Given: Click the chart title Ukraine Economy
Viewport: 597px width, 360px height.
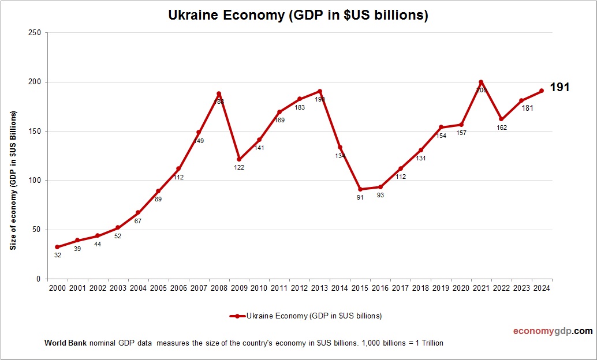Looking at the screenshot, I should (x=298, y=16).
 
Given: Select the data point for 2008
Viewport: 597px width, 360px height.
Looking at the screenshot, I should (x=219, y=93).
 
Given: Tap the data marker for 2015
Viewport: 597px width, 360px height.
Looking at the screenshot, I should (x=360, y=189).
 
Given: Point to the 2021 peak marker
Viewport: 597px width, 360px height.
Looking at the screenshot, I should (x=481, y=82).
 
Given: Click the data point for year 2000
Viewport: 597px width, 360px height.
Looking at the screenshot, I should (x=57, y=247).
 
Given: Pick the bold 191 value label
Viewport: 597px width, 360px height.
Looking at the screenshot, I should (x=559, y=88).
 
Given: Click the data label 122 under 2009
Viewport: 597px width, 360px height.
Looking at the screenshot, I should (x=239, y=167).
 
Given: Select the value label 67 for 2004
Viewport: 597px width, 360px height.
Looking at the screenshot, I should (x=138, y=221).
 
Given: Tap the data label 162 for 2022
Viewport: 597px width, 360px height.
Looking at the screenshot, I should (x=501, y=127).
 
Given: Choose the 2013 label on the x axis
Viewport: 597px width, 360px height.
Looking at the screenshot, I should (x=319, y=288).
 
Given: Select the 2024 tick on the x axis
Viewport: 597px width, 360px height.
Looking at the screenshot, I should (x=541, y=288).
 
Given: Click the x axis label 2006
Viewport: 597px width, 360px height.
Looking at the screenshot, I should (x=178, y=288).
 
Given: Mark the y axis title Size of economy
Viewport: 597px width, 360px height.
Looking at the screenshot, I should (x=13, y=181).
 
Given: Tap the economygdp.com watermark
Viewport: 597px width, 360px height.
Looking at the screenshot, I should (x=553, y=331).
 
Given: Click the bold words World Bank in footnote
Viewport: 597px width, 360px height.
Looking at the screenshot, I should (x=65, y=343).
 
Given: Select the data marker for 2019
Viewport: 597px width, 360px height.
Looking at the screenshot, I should (x=441, y=127).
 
